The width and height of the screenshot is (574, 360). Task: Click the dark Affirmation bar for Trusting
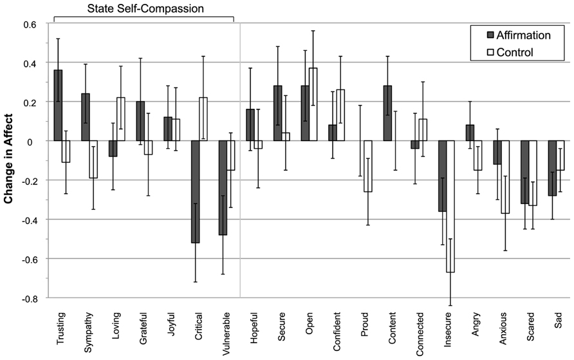[59, 105]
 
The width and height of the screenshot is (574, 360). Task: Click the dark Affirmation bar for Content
[388, 113]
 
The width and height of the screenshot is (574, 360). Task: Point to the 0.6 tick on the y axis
[29, 24]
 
